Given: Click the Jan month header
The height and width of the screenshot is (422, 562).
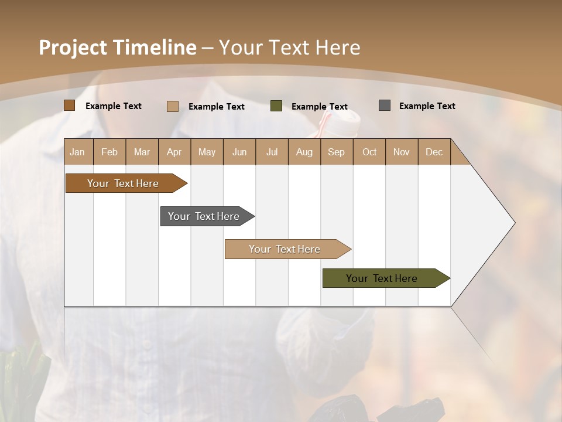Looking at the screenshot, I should (x=77, y=152).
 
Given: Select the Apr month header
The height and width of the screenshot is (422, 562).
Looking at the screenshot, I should (x=174, y=152).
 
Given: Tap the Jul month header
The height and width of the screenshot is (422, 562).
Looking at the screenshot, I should (x=272, y=152).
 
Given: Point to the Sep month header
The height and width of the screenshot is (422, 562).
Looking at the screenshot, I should (x=336, y=152).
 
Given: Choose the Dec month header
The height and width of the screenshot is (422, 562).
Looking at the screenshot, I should (x=434, y=152).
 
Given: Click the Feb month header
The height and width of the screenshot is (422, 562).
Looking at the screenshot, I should (x=109, y=152).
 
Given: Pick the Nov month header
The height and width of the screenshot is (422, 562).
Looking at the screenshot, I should (x=402, y=152).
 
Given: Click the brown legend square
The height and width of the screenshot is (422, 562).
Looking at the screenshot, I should (x=69, y=105).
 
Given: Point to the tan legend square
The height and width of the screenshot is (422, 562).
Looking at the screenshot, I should (x=172, y=106).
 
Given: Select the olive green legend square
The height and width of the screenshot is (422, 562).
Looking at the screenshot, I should (x=276, y=106).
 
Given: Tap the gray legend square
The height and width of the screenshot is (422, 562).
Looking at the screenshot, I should (x=385, y=105).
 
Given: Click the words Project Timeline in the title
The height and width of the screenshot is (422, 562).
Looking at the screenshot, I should (x=117, y=47).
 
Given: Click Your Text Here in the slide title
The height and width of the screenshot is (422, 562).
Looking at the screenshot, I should (x=289, y=47).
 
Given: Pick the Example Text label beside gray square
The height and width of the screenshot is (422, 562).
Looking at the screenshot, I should (x=427, y=106).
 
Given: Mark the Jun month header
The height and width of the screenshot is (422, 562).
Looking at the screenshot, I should (x=239, y=152).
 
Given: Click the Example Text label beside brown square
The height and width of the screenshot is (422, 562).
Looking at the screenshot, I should (x=114, y=106).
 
